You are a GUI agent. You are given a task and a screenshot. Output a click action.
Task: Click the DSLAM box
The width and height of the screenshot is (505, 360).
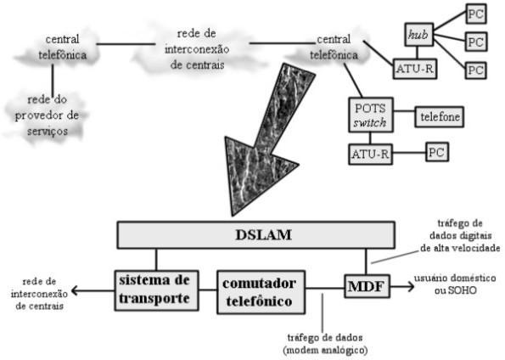pyautogui.click(x=256, y=235)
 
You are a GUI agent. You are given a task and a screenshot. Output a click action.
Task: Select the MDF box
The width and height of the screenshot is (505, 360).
pyautogui.click(x=367, y=286)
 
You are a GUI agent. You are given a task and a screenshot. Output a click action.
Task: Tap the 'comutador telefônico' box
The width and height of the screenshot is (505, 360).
pyautogui.click(x=261, y=292)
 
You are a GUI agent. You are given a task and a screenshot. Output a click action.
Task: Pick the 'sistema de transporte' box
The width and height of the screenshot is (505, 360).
pyautogui.click(x=156, y=290)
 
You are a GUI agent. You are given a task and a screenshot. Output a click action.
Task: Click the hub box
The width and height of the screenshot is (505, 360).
pyautogui.click(x=419, y=35)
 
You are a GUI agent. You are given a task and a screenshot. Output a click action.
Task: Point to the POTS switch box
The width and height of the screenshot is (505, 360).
pyautogui.click(x=371, y=115)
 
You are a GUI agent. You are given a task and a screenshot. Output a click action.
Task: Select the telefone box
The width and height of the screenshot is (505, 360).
pyautogui.click(x=440, y=116)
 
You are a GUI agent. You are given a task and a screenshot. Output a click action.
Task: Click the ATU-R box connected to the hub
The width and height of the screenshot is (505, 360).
pyautogui.click(x=415, y=69)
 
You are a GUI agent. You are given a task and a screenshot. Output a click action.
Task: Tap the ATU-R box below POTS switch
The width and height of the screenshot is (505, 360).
pyautogui.click(x=370, y=154)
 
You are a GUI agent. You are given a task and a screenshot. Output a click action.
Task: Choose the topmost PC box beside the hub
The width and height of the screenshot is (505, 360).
pyautogui.click(x=476, y=14)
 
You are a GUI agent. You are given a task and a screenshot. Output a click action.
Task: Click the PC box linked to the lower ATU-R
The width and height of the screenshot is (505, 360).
pyautogui.click(x=437, y=152)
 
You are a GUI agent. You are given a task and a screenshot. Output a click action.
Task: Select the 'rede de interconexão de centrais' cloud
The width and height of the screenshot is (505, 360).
pyautogui.click(x=197, y=49)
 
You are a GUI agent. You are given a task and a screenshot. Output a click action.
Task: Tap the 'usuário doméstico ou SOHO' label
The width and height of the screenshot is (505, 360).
pyautogui.click(x=455, y=284)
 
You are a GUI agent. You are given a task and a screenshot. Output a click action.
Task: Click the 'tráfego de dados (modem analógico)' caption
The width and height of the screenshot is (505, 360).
pyautogui.click(x=325, y=344)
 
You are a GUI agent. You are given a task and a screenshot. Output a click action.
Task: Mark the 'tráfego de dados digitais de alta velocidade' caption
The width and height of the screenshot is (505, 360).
pyautogui.click(x=460, y=235)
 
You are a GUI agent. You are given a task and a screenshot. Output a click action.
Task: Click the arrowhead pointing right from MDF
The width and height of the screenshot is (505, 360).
pyautogui.click(x=411, y=286)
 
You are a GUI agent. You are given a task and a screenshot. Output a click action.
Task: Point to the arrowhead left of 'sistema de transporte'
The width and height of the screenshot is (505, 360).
pyautogui.click(x=75, y=290)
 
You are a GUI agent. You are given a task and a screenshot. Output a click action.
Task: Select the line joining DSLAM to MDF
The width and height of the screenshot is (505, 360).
pyautogui.click(x=366, y=262)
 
